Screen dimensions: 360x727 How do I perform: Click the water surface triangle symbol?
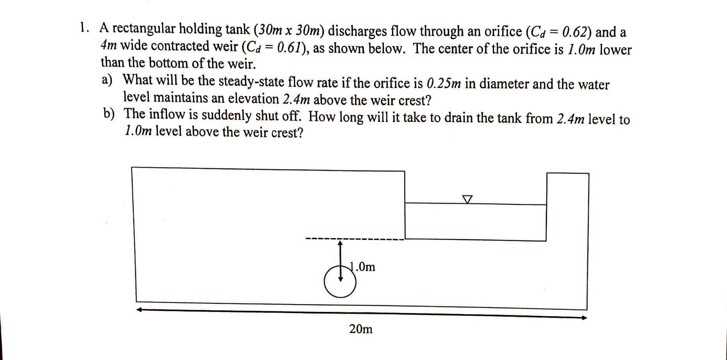[x=467, y=199]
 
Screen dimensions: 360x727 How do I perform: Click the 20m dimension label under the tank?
[x=361, y=329]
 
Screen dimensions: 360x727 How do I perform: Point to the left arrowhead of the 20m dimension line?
[x=139, y=310]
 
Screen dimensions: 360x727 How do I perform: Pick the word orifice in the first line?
[x=502, y=31]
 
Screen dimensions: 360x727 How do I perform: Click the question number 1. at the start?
[x=84, y=28]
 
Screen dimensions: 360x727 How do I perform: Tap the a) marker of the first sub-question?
[x=107, y=80]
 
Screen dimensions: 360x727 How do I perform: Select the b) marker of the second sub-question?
[x=109, y=114]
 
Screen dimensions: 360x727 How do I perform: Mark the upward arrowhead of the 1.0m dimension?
[x=340, y=243]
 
